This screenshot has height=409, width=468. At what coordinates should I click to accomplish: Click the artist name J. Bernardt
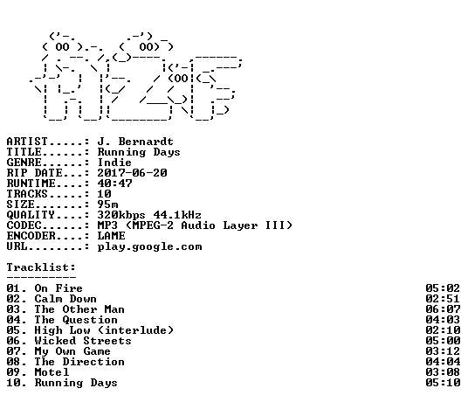point(135,142)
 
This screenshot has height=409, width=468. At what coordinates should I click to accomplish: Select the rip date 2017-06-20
point(132,173)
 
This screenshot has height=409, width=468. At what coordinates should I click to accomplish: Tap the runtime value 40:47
point(114,184)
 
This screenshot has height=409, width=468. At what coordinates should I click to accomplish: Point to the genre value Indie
point(114,163)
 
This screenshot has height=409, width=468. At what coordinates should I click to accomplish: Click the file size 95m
point(107,204)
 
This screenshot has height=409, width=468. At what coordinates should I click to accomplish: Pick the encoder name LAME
point(112,236)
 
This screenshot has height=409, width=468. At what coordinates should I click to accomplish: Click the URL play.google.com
point(150,246)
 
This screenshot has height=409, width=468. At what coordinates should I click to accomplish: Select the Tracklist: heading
point(41,267)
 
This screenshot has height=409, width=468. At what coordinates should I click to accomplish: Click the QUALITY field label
point(31,215)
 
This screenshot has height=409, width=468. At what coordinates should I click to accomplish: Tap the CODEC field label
point(24,225)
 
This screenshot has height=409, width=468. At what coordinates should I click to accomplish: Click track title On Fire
point(58,288)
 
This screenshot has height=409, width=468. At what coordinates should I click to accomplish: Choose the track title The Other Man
point(79,309)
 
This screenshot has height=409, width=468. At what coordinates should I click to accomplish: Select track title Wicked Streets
point(83,341)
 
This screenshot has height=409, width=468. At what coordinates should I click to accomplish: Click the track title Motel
point(52,372)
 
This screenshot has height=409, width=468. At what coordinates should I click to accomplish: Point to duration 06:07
point(443,309)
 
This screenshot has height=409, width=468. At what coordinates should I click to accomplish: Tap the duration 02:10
point(443,330)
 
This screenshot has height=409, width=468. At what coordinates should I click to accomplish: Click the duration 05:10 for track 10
point(443,383)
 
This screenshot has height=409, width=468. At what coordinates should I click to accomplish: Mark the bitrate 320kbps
point(121,215)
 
